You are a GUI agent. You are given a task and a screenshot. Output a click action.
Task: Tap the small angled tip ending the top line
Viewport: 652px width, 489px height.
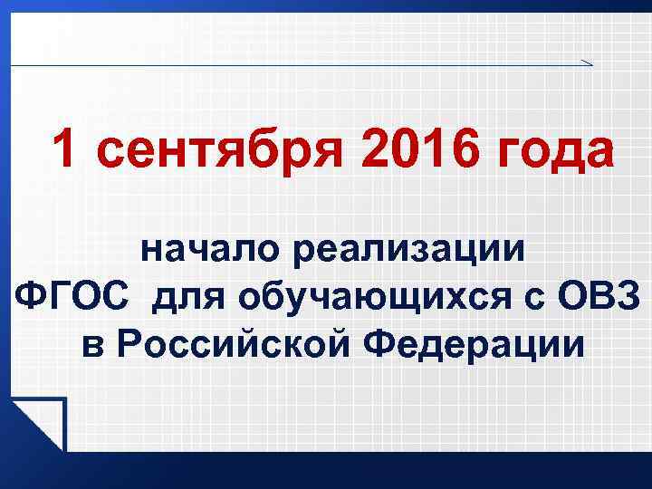pyautogui.click(x=586, y=62)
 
